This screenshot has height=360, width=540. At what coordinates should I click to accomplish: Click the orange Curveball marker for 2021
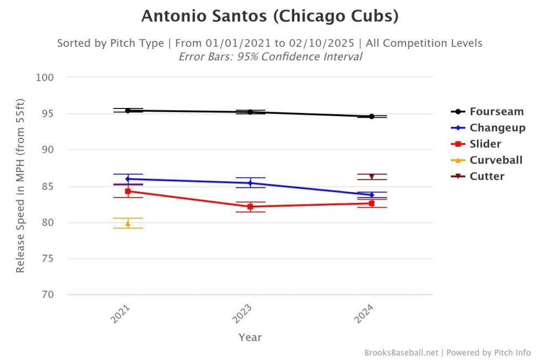tap(128, 223)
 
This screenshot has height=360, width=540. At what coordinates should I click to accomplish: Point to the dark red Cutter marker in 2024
tap(372, 177)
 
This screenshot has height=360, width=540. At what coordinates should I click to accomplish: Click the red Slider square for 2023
tap(250, 207)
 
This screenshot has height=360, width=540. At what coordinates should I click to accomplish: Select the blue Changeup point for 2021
tap(128, 179)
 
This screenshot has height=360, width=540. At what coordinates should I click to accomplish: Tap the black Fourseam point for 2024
tap(372, 116)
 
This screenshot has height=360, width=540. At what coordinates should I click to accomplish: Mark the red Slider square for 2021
tap(128, 191)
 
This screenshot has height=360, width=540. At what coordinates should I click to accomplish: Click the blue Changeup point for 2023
tap(250, 183)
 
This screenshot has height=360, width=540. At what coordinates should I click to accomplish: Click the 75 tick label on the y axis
tap(49, 259)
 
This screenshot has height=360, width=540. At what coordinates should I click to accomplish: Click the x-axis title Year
tap(250, 337)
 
